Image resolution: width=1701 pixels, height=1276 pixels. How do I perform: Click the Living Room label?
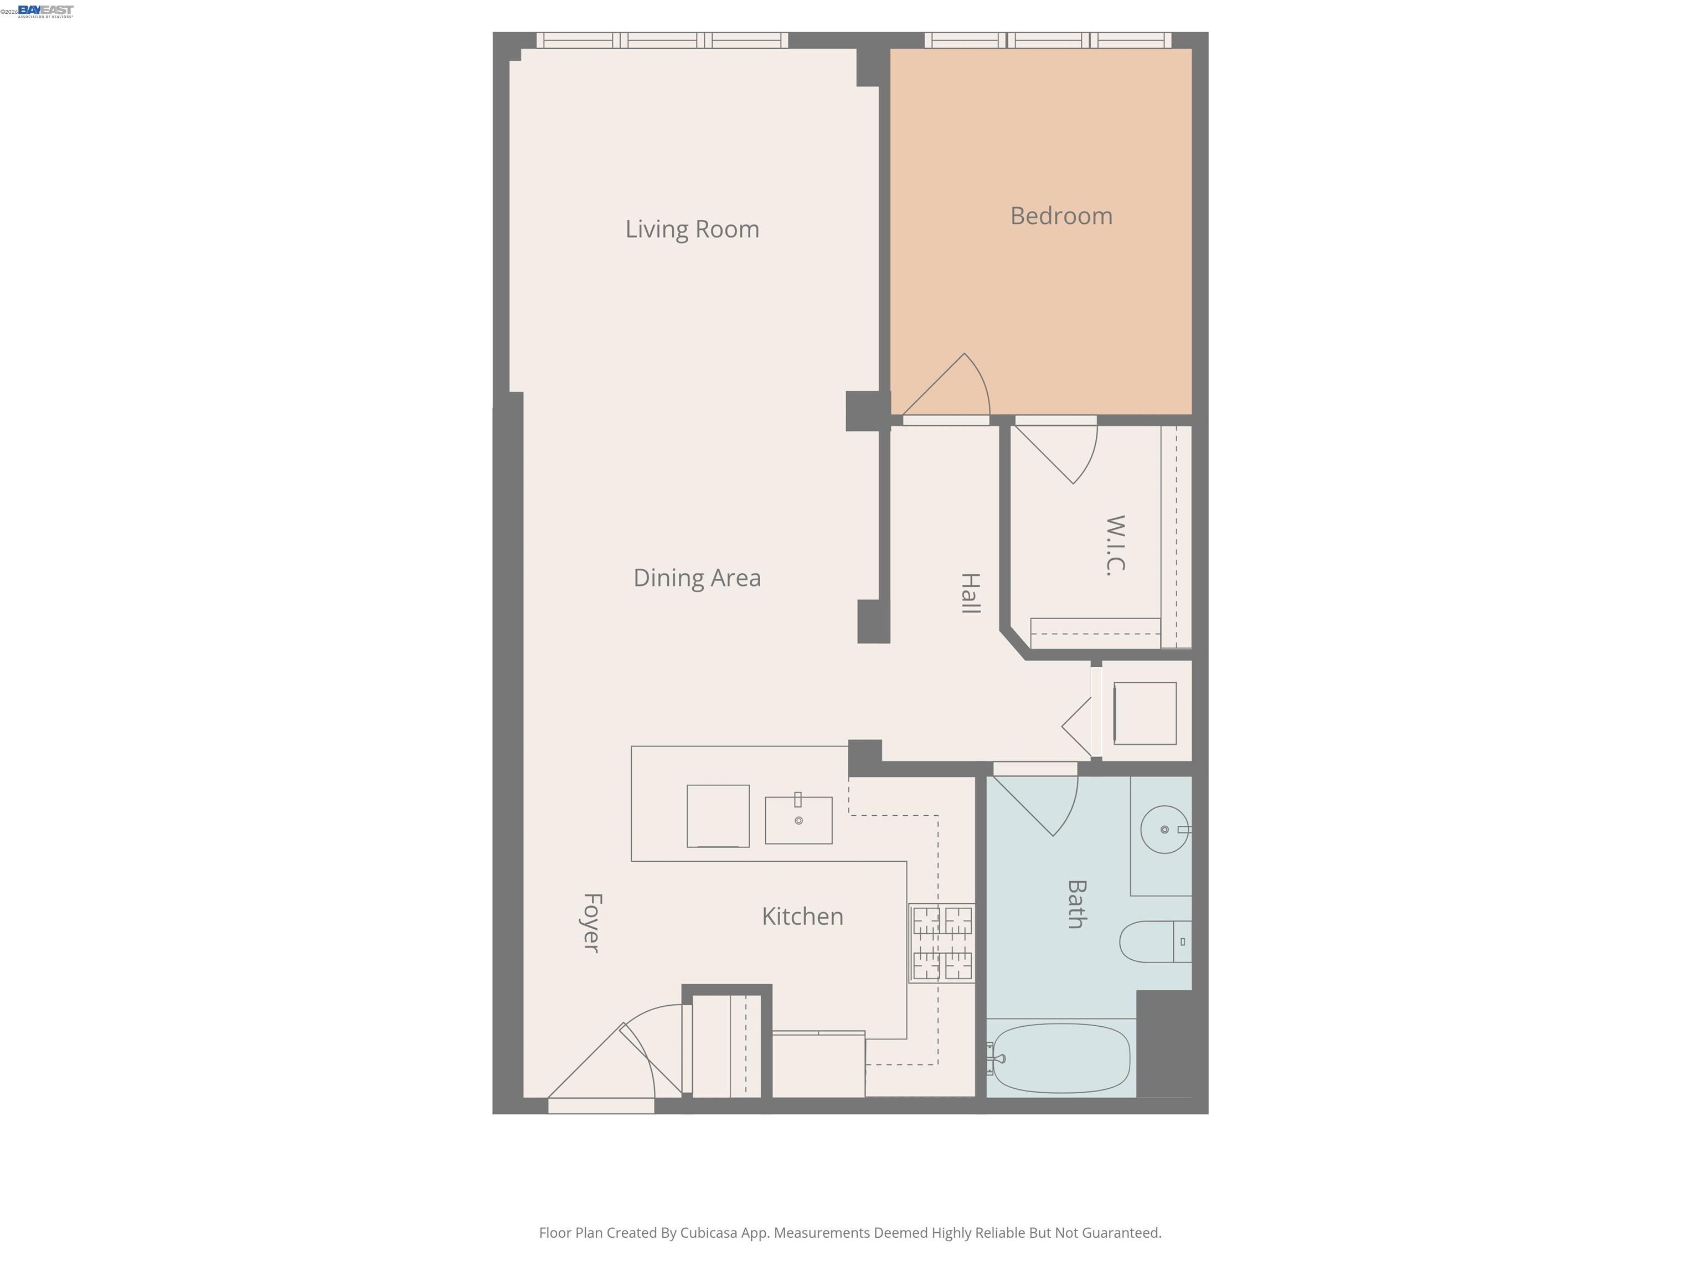(x=692, y=229)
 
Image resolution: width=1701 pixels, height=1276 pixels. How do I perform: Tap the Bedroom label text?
(x=1061, y=216)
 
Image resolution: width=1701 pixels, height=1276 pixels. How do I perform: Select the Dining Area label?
(x=697, y=578)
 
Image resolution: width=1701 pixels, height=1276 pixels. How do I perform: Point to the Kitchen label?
(x=802, y=916)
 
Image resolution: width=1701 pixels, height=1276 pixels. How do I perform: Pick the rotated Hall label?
(x=971, y=593)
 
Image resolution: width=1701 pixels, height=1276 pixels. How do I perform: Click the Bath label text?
(x=1076, y=904)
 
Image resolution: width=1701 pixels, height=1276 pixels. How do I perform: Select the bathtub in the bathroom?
(x=1061, y=1058)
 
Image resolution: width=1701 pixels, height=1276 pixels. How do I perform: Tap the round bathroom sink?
(x=1163, y=829)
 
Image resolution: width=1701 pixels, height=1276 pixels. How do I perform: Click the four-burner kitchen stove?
(x=942, y=943)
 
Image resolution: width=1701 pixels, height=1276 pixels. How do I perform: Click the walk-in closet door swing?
(x=1061, y=454)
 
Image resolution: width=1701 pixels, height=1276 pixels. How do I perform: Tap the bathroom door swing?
(x=1042, y=804)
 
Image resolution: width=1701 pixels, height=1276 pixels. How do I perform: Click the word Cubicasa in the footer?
(x=708, y=1233)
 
